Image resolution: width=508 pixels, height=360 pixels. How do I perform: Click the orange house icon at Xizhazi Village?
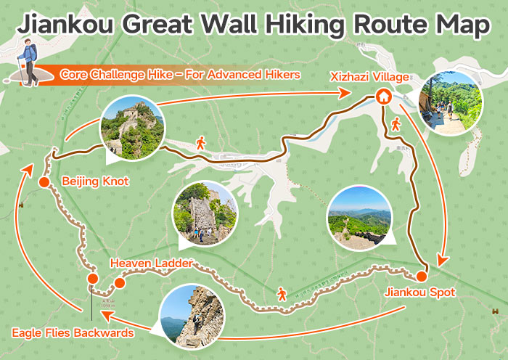coord(382,96)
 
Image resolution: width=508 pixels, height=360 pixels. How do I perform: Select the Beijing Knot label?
coord(91,181)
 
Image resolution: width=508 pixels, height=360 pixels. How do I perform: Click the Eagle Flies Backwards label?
coord(73,333)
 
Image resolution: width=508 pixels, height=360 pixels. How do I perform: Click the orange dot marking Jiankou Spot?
coord(421,276)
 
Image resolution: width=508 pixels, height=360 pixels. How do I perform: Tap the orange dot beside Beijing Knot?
coord(44,181)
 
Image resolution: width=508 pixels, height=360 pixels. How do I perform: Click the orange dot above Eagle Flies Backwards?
coord(92,279)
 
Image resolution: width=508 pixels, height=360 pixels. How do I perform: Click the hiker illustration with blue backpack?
coord(28,64)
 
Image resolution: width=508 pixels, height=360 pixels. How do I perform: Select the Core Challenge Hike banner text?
coord(180,74)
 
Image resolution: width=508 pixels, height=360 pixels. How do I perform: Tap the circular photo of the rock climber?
coord(192,316)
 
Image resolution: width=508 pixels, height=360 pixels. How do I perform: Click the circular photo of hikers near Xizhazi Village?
coord(450,102)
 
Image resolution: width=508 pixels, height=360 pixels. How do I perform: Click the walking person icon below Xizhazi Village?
coord(396,125)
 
